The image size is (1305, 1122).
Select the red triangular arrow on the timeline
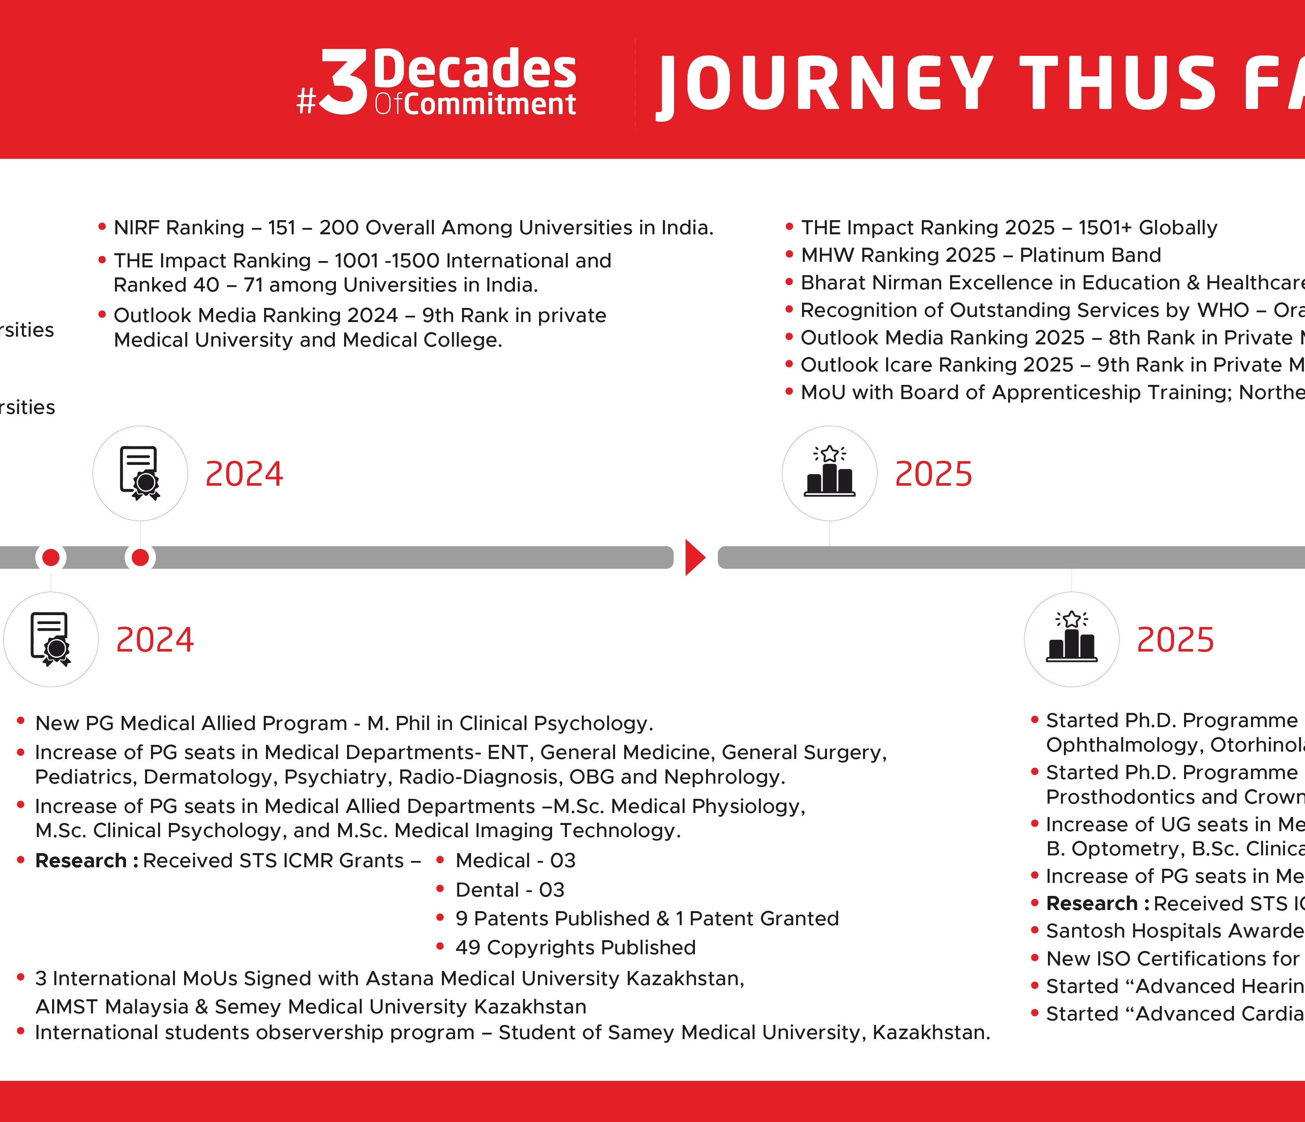pyautogui.click(x=694, y=557)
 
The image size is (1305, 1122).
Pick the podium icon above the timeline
pyautogui.click(x=830, y=473)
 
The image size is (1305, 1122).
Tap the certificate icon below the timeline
pyautogui.click(x=50, y=639)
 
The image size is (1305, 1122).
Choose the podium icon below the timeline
pyautogui.click(x=1071, y=639)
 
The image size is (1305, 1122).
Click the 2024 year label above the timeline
pyautogui.click(x=244, y=474)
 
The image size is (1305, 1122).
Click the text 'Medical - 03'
pyautogui.click(x=515, y=861)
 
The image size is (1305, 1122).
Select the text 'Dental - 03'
pyautogui.click(x=510, y=890)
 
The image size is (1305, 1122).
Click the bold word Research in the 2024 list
pyautogui.click(x=81, y=861)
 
